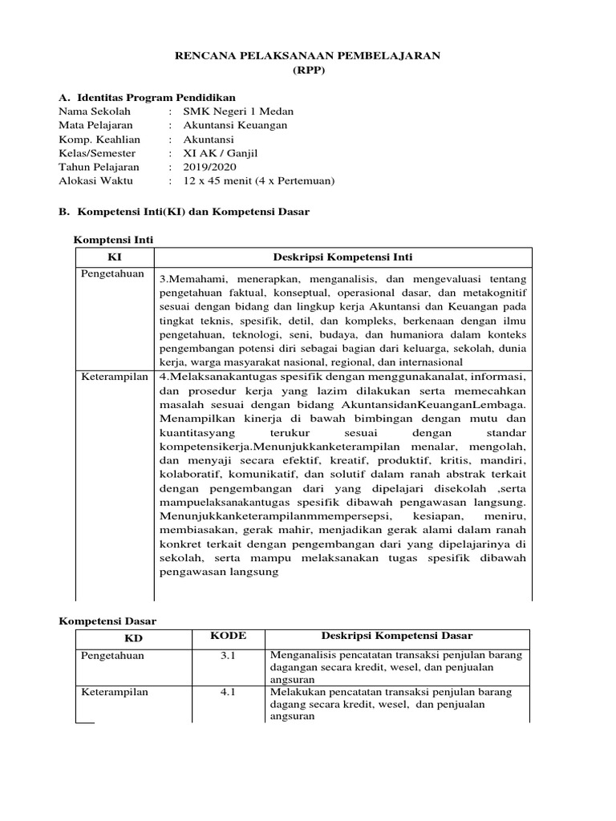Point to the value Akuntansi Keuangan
pos(235,125)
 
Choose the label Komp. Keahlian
pos(95,139)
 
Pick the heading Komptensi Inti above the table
pos(113,240)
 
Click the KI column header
pos(114,257)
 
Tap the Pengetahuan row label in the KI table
pos(112,274)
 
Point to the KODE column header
pos(228,636)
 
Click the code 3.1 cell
pos(228,655)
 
